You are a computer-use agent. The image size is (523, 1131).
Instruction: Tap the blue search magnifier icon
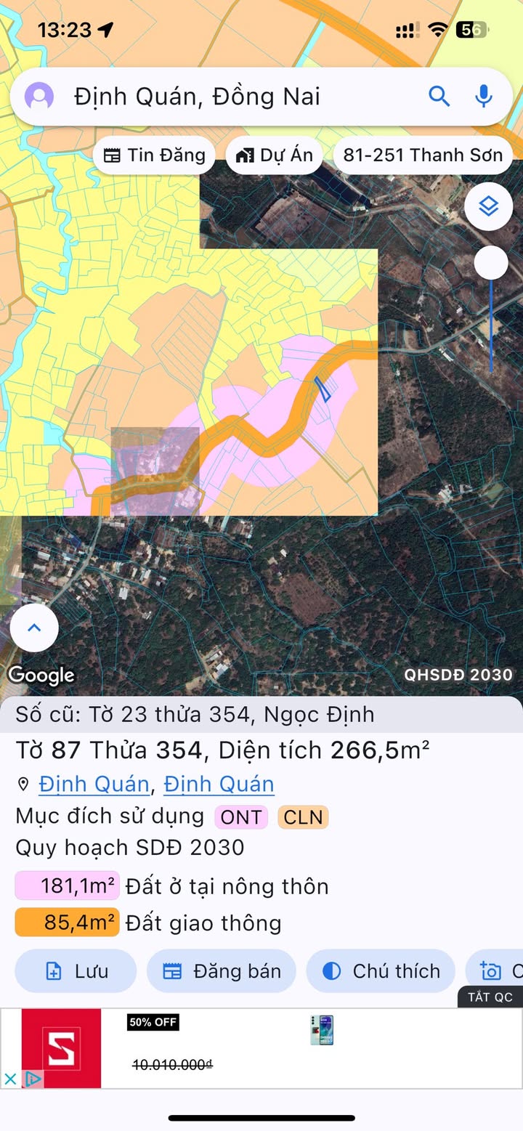pyautogui.click(x=439, y=96)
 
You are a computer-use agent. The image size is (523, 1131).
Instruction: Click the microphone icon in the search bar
pyautogui.click(x=484, y=96)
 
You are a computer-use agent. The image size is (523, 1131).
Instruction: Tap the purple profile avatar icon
pyautogui.click(x=39, y=96)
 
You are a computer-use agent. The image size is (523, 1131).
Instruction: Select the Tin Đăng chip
pyautogui.click(x=154, y=155)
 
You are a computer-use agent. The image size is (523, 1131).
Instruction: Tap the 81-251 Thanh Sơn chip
pyautogui.click(x=422, y=155)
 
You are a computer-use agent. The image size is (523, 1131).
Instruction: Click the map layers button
pyautogui.click(x=489, y=207)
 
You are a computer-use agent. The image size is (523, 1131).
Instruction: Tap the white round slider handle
pyautogui.click(x=491, y=262)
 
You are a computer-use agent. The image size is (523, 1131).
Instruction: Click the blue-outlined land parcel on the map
pyautogui.click(x=323, y=389)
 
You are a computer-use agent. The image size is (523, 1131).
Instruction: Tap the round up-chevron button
pyautogui.click(x=33, y=628)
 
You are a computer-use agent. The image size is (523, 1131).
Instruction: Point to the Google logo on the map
pyautogui.click(x=41, y=675)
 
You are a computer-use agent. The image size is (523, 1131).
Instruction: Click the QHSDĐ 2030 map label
pyautogui.click(x=458, y=674)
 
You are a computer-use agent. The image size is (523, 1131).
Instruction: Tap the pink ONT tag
pyautogui.click(x=241, y=817)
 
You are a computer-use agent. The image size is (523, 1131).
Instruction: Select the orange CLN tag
pyautogui.click(x=303, y=817)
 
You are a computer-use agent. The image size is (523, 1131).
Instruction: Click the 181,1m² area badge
pyautogui.click(x=67, y=886)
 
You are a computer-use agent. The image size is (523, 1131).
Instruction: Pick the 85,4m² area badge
pyautogui.click(x=67, y=923)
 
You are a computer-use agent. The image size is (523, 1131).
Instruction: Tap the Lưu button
pyautogui.click(x=76, y=971)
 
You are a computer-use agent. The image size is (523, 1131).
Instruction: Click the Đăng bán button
pyautogui.click(x=222, y=971)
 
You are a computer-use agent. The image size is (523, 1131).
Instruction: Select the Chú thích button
pyautogui.click(x=381, y=971)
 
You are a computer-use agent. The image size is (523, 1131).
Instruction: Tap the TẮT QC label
pyautogui.click(x=490, y=997)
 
